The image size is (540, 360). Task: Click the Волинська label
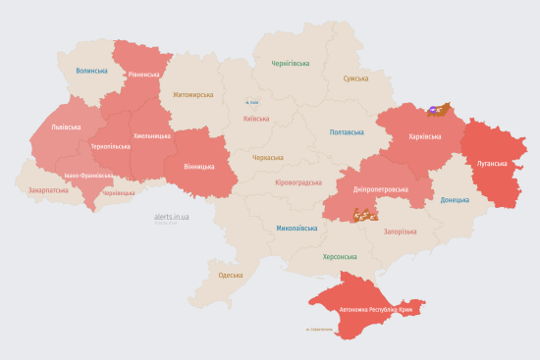point(92,71)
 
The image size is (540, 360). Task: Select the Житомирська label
point(192,95)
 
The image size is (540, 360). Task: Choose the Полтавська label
point(347,131)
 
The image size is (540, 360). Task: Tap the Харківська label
point(410,136)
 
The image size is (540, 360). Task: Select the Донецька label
point(455,200)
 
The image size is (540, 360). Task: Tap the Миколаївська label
point(297,228)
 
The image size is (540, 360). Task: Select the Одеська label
point(231,275)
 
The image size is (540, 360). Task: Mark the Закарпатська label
point(48,190)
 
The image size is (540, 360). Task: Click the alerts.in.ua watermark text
point(172,216)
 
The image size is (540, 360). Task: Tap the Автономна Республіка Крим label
point(377,310)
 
